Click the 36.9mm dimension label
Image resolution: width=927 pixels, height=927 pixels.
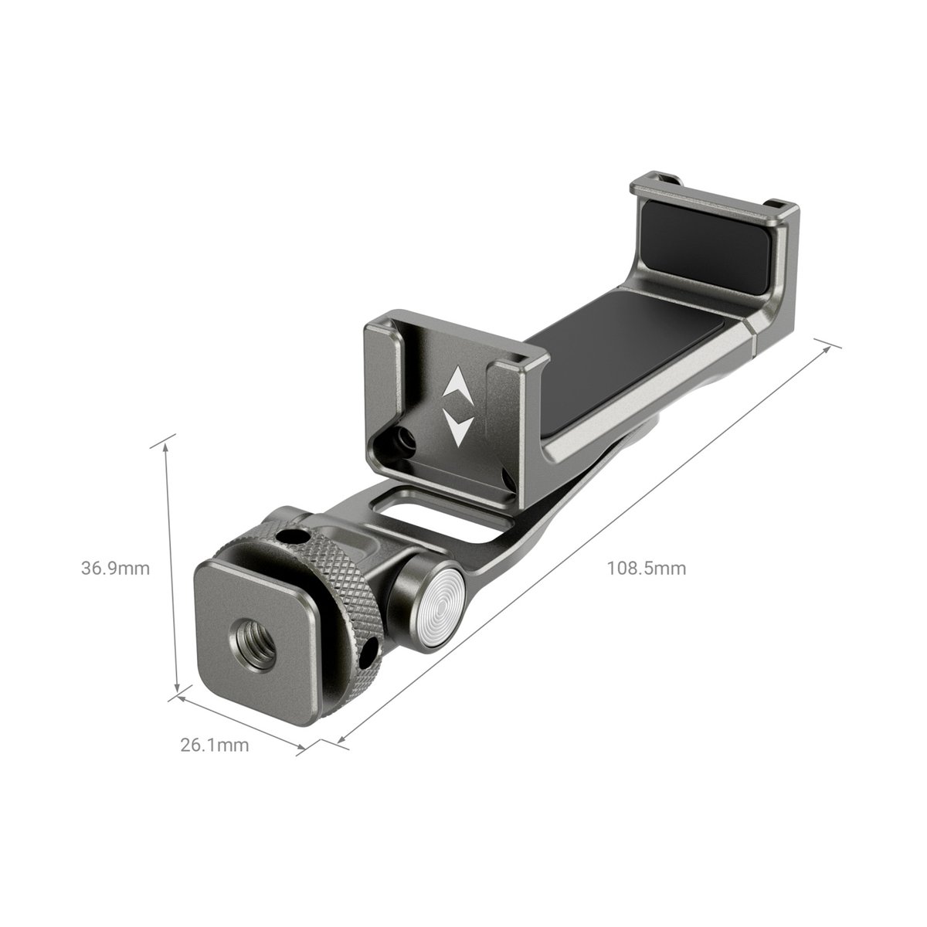coord(115,569)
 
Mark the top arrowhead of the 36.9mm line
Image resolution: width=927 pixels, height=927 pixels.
coord(165,444)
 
